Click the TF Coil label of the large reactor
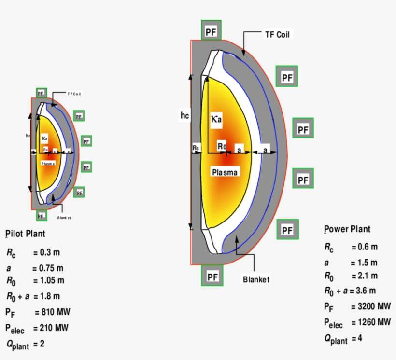(x=277, y=35)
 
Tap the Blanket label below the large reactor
(x=256, y=279)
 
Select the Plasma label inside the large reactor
(x=225, y=172)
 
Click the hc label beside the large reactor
(x=184, y=115)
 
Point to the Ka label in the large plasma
(x=216, y=119)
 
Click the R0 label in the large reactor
(x=221, y=146)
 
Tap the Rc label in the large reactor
(x=196, y=148)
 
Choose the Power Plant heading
(x=347, y=229)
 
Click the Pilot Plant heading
(x=26, y=234)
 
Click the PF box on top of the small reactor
(x=41, y=93)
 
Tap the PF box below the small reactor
(x=41, y=216)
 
